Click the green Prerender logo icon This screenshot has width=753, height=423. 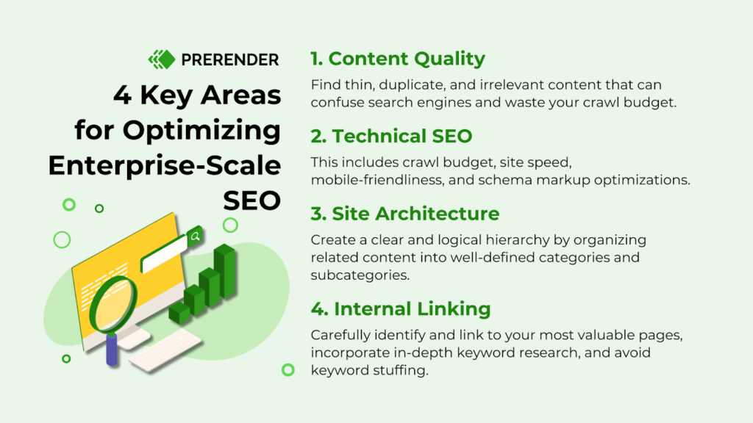click(161, 59)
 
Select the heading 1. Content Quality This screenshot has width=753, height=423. click(398, 59)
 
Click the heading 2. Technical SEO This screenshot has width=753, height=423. click(391, 136)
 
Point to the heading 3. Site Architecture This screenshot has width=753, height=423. click(404, 214)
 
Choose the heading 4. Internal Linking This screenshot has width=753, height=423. click(400, 308)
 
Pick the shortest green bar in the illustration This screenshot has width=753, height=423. click(179, 314)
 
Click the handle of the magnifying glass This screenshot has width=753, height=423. click(112, 348)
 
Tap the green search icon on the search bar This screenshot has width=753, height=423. click(195, 236)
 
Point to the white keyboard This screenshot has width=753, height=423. click(165, 351)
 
